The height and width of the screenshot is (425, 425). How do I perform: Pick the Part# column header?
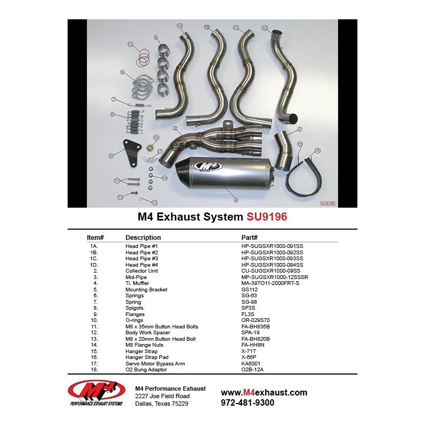point(250,237)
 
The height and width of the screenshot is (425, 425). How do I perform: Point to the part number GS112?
point(249,290)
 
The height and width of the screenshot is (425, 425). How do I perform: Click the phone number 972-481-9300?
point(247,402)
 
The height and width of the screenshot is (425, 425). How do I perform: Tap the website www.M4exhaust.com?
point(264,392)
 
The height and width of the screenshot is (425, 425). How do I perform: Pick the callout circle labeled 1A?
point(180,26)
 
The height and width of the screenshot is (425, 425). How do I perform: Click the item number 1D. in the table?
point(94,265)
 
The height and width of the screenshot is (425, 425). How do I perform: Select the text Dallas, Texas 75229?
point(161,404)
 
